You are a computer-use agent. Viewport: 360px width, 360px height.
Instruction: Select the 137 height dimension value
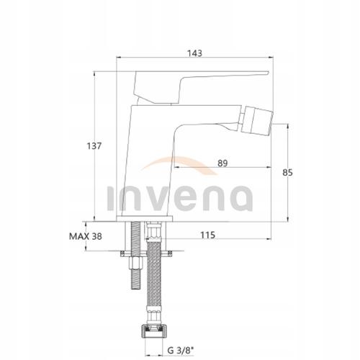94,145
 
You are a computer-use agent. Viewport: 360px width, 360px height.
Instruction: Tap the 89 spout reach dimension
223,163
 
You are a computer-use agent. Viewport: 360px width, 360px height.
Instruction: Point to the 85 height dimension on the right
288,173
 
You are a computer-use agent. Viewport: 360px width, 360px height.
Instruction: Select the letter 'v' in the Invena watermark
155,197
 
